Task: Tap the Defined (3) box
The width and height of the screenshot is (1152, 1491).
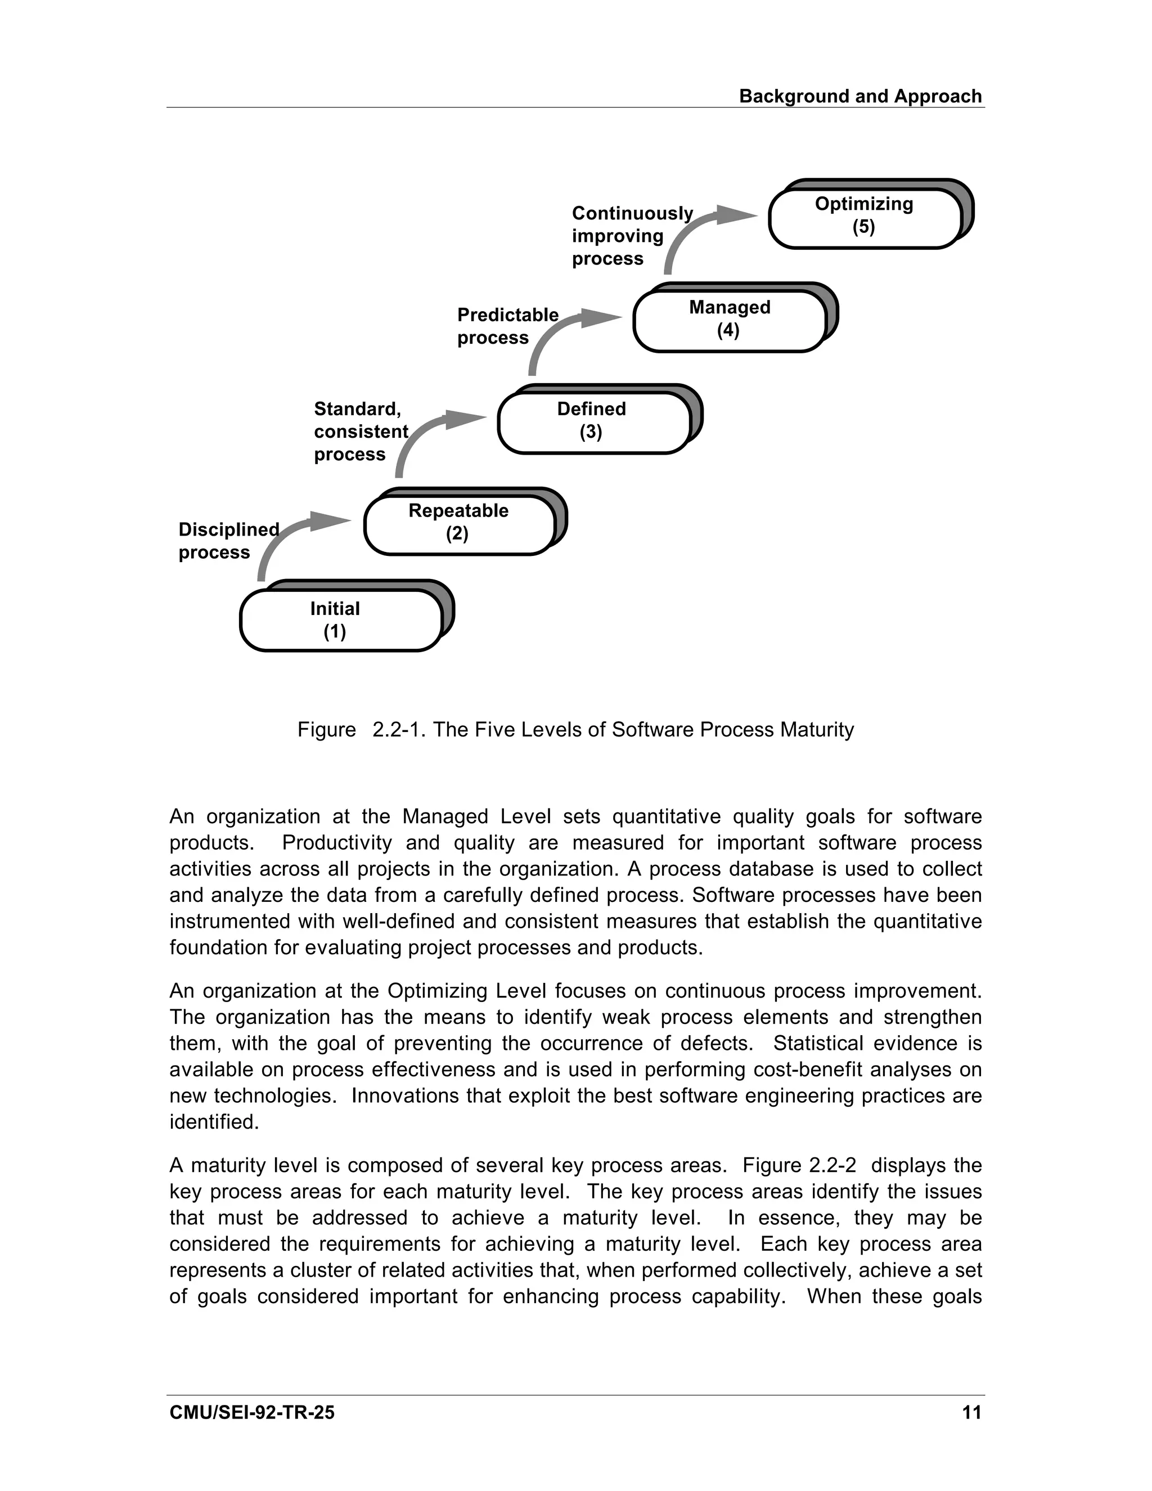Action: tap(592, 422)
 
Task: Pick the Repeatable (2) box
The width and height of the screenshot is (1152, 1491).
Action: tap(458, 524)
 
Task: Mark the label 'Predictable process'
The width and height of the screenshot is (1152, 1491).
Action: tap(507, 326)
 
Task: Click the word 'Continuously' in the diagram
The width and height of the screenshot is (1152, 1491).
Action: tap(632, 214)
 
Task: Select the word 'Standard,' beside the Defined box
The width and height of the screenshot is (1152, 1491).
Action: tap(357, 409)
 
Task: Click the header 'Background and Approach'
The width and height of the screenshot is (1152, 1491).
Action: tap(860, 96)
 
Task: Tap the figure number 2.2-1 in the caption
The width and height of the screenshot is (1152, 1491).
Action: tap(399, 730)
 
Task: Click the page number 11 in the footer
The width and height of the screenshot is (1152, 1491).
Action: tap(971, 1412)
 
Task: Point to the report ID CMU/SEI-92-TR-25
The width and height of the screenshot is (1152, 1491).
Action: tap(252, 1412)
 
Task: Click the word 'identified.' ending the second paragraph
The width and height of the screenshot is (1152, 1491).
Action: tap(214, 1122)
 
